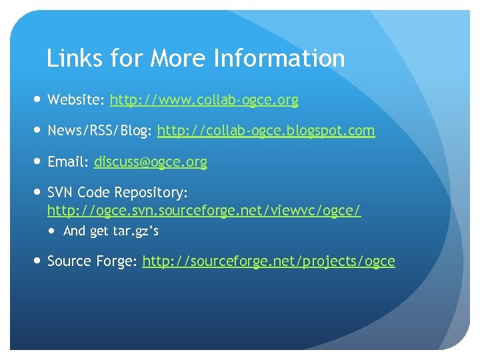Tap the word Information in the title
(x=279, y=59)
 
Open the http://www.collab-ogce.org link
(x=204, y=101)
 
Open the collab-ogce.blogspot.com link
(x=266, y=131)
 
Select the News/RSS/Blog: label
(x=99, y=131)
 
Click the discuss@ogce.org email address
(x=151, y=162)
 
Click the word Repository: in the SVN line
(x=151, y=193)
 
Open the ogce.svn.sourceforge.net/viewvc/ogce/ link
(x=204, y=211)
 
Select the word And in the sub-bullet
(x=74, y=232)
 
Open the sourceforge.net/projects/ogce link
(x=269, y=261)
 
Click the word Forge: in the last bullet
(x=116, y=261)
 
